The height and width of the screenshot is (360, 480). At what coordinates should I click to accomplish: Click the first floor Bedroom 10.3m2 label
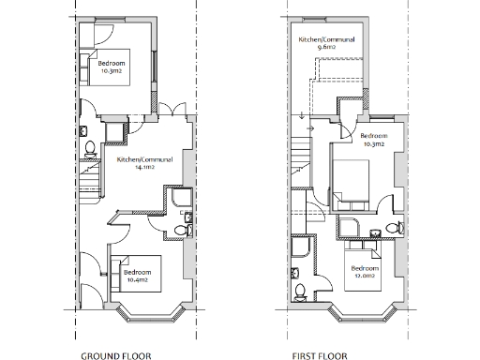pos(375,142)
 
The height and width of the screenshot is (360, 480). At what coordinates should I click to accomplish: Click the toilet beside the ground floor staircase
pos(89,148)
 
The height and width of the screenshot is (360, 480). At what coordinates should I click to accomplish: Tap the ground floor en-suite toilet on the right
pos(181,228)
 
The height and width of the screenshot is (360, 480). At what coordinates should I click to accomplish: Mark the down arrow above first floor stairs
pos(300,118)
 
